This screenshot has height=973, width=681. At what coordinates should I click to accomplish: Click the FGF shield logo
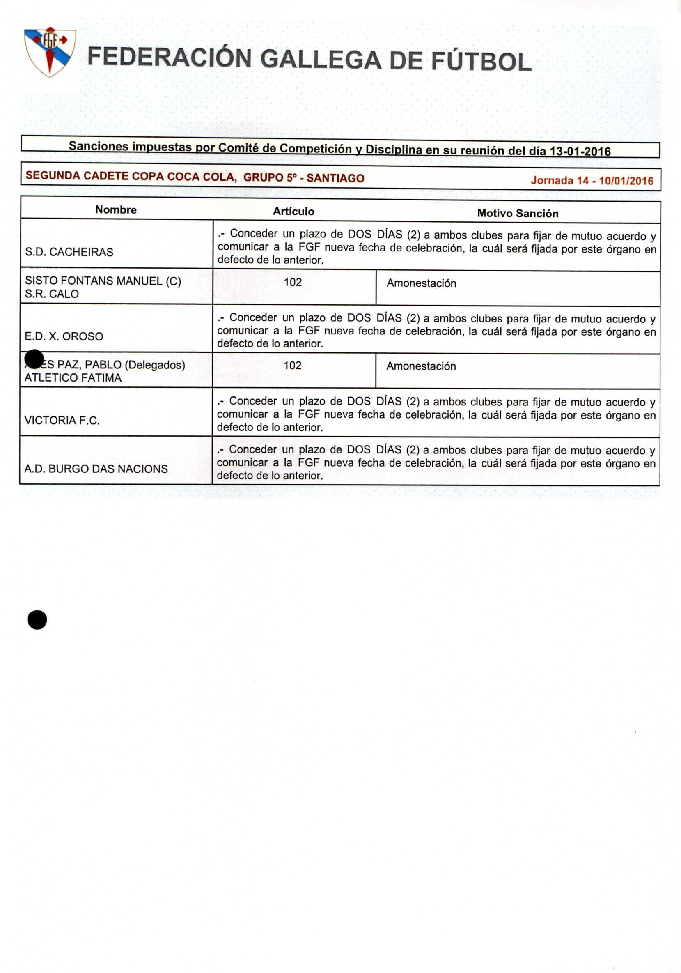click(x=50, y=52)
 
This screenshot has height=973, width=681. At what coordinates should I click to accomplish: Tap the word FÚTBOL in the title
click(x=481, y=62)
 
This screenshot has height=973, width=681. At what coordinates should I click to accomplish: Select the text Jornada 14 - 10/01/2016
click(x=592, y=181)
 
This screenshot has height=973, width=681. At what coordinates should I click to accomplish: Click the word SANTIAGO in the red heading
click(x=335, y=178)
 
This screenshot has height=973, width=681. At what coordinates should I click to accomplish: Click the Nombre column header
click(x=116, y=210)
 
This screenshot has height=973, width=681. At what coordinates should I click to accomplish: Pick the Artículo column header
click(x=293, y=212)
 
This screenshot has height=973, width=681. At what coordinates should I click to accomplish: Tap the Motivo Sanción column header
click(x=518, y=214)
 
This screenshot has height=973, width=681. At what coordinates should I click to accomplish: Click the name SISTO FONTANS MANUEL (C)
click(x=103, y=281)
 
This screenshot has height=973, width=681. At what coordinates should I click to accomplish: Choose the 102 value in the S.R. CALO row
click(x=293, y=282)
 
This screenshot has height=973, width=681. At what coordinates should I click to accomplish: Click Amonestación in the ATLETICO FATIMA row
click(x=421, y=366)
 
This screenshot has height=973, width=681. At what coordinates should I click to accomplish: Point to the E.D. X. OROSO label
click(x=64, y=336)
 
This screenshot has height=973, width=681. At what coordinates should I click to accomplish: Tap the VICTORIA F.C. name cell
click(x=62, y=421)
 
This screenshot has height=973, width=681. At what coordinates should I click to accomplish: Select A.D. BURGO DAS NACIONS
click(x=96, y=469)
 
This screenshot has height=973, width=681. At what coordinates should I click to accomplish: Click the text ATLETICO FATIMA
click(x=73, y=377)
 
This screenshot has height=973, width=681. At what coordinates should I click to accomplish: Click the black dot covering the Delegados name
click(x=34, y=359)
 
